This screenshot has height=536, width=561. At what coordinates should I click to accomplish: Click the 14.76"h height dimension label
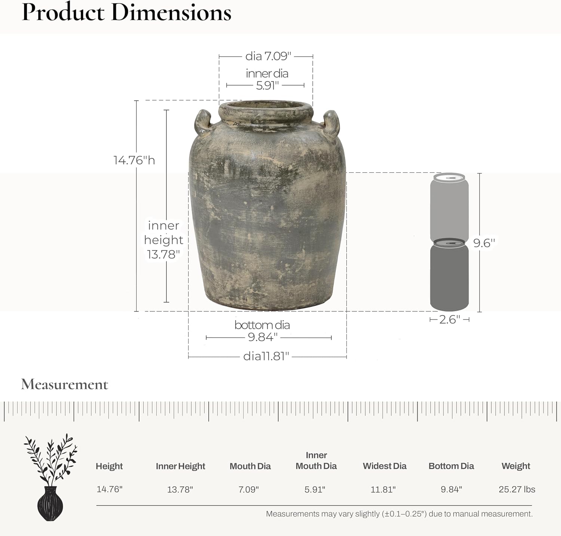tap(134, 160)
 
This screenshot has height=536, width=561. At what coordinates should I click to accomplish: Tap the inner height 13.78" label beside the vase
tap(163, 240)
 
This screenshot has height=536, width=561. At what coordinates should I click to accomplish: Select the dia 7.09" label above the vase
tap(268, 56)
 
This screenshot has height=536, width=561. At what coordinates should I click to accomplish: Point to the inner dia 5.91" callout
tap(267, 79)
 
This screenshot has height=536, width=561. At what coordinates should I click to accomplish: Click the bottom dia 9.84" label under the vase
tap(262, 331)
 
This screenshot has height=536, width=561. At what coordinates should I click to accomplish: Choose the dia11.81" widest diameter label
tap(266, 356)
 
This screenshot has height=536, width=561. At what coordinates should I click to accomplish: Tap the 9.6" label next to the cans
tap(484, 243)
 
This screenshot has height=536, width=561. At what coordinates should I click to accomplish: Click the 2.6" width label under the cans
tap(450, 319)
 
